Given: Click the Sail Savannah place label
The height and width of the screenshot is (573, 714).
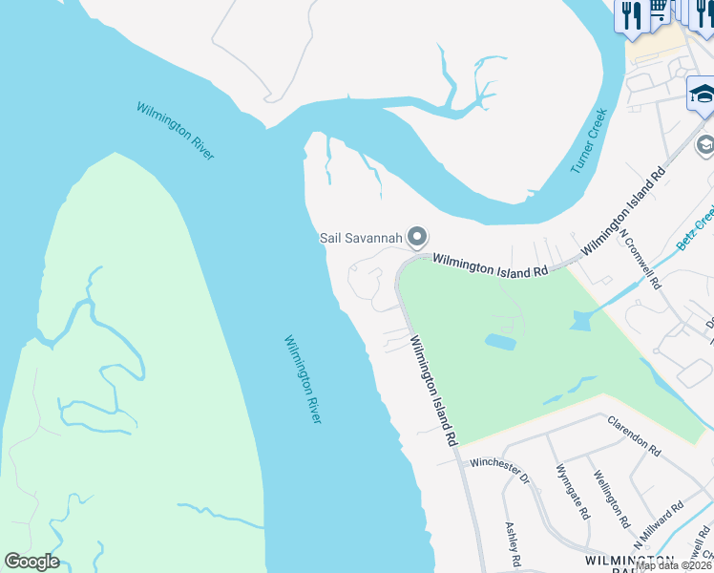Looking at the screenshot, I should (x=359, y=238).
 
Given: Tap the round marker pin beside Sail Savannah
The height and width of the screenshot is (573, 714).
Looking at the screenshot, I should (x=416, y=236).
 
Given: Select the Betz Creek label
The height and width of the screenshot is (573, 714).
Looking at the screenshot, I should (x=695, y=228).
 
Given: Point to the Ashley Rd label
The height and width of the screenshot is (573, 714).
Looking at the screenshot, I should (x=513, y=541).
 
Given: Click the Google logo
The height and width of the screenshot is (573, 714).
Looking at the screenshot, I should (x=31, y=562).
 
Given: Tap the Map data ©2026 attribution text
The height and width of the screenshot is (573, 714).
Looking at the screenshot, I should (x=674, y=565).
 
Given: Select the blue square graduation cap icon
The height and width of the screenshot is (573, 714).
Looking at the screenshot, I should (x=703, y=96).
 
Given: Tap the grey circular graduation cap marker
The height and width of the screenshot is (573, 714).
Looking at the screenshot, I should (x=705, y=145).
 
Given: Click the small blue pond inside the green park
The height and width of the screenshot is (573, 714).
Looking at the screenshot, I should (x=500, y=341).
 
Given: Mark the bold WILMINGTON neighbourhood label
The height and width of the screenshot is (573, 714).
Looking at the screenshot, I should (x=630, y=559).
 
